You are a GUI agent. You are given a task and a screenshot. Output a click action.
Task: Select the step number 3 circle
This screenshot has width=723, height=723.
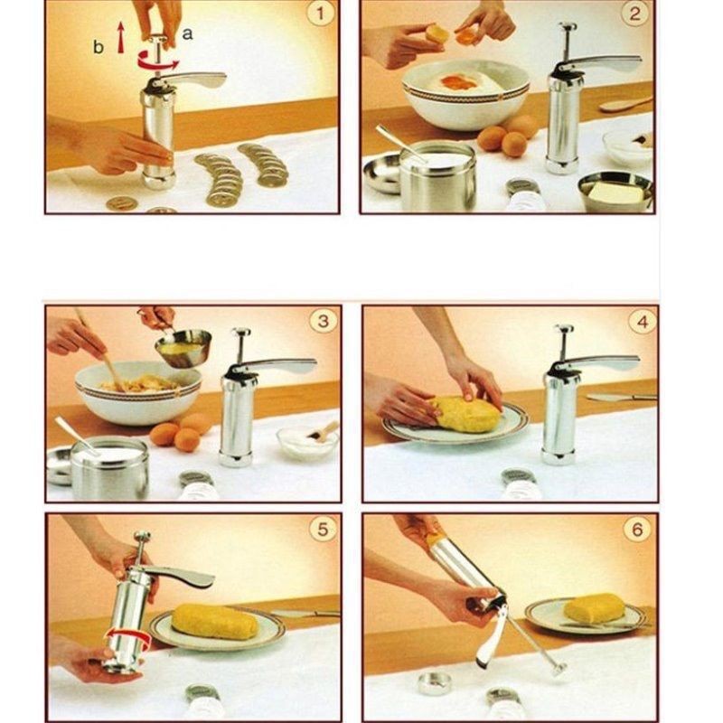click(323, 320)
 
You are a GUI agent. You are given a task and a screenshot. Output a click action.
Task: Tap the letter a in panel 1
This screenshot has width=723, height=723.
click(187, 33)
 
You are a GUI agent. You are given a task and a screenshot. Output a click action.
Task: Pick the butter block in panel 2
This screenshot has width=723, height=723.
click(616, 192)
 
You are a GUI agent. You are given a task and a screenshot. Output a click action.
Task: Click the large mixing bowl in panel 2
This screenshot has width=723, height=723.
click(465, 95)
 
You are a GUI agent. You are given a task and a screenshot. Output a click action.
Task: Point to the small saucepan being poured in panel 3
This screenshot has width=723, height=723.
click(185, 347)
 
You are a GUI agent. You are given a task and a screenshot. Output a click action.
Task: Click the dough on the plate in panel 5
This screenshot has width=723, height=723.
click(216, 621)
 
